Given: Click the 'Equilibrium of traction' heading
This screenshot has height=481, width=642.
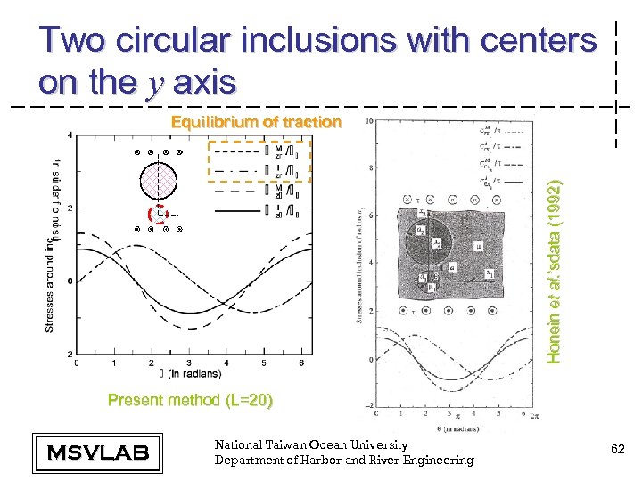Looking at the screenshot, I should tap(256, 122).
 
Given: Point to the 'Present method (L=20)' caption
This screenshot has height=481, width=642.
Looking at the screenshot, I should tap(190, 400).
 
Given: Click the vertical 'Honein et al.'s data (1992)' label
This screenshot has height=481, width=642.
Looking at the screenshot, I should tap(554, 272).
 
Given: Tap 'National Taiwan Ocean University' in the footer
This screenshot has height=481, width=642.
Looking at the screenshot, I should tap(311, 444).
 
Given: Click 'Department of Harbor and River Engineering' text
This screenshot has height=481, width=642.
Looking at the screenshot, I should tap(344, 460).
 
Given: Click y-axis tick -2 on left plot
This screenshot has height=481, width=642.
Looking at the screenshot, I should tap(68, 354).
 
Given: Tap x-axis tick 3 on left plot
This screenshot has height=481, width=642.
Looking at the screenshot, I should tap(188, 363).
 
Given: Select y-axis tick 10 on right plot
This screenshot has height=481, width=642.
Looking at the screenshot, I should tap(367, 121).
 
